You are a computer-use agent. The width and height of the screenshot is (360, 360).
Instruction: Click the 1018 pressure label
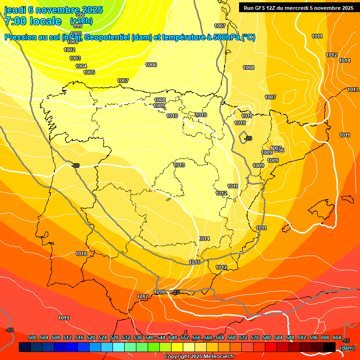click(81, 254)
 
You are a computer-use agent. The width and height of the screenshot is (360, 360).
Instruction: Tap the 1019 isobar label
click(64, 318)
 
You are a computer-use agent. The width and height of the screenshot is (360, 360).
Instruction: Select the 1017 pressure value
click(142, 297)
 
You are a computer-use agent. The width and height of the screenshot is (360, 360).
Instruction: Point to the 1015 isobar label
click(195, 262)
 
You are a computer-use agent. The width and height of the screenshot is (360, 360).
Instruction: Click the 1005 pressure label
click(89, 72)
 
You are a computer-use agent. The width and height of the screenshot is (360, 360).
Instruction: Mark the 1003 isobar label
click(75, 58)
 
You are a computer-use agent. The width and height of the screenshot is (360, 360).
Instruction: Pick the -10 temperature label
click(9, 330)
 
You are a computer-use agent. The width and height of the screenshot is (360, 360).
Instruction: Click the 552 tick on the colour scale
click(185, 337)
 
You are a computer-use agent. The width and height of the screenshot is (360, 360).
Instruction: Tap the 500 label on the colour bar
click(32, 337)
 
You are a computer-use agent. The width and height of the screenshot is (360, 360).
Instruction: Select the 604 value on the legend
click(337, 337)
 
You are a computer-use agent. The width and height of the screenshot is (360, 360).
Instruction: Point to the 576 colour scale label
click(255, 337)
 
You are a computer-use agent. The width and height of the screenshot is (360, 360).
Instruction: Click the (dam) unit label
click(347, 348)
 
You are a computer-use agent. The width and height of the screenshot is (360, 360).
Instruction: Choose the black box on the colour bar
click(330, 347)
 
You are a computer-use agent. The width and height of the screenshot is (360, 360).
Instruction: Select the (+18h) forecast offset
click(81, 21)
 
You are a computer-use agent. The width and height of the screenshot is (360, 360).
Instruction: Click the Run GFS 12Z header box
click(298, 7)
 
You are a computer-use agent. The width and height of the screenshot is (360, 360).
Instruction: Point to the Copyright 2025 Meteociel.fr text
click(199, 356)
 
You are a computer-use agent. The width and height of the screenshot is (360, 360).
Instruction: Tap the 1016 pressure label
click(159, 292)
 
